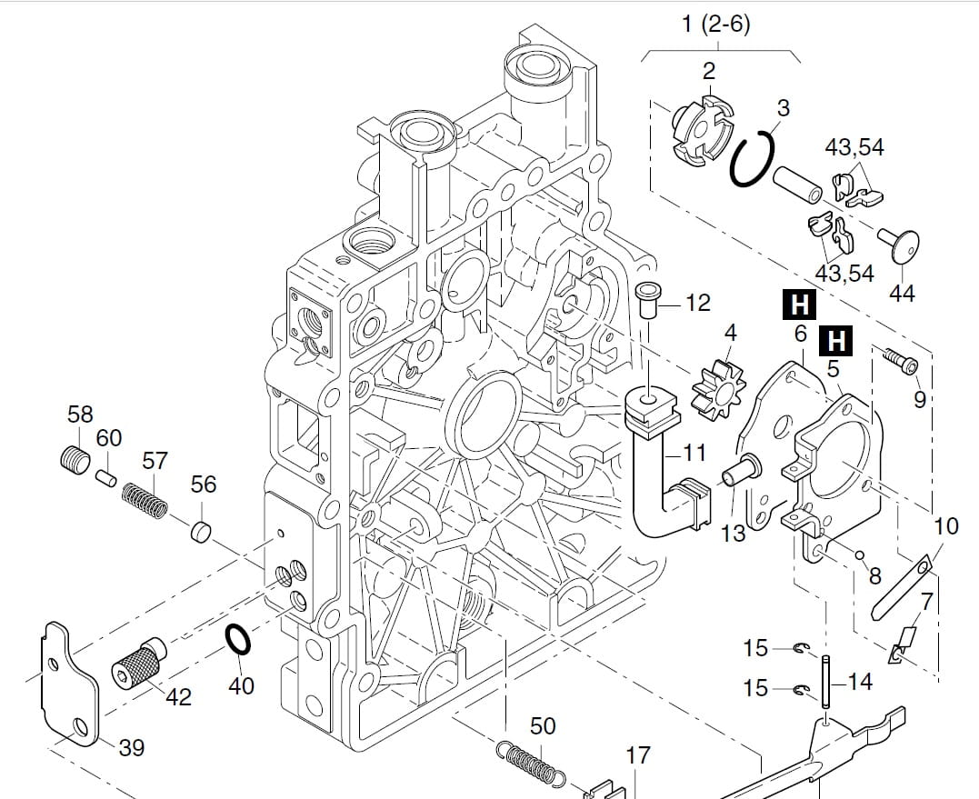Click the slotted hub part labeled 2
(703, 132)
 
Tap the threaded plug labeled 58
(75, 459)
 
